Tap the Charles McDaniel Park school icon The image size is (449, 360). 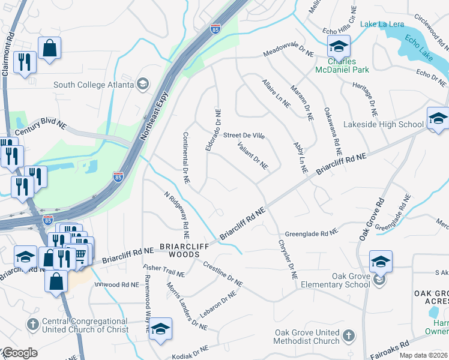[x=339, y=46]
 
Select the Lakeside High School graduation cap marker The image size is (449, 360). [x=438, y=118]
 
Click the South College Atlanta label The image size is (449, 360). [x=93, y=84]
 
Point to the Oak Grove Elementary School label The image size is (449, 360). [x=333, y=280]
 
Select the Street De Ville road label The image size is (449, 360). [x=244, y=136]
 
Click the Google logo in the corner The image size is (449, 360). [x=19, y=353]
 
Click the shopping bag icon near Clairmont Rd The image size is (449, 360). [x=49, y=48]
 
